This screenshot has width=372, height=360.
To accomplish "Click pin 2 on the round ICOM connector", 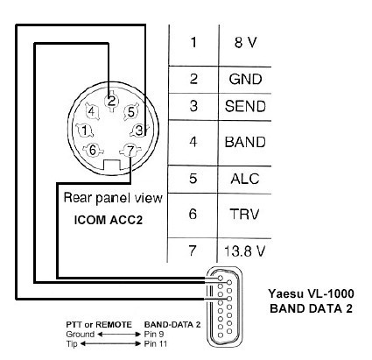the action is click(x=111, y=102).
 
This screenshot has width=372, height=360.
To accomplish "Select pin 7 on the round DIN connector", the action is click(x=130, y=151).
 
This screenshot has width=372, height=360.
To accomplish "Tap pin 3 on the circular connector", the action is click(x=140, y=131).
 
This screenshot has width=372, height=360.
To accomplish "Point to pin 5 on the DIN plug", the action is click(x=130, y=112).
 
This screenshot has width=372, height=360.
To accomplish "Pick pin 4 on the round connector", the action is click(x=92, y=111).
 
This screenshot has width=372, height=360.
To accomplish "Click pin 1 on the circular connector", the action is click(x=85, y=131).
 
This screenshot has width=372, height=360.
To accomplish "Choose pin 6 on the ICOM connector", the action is click(x=93, y=150).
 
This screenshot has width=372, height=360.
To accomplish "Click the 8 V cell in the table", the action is click(x=245, y=43).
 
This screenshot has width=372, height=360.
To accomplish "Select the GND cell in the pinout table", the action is click(x=245, y=79).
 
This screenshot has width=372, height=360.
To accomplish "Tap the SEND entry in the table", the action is click(x=245, y=106).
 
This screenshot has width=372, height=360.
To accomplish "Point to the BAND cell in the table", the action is click(x=245, y=142).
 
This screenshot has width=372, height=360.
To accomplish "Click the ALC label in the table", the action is click(x=245, y=179).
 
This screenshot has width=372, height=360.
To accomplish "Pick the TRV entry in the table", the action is click(x=244, y=214).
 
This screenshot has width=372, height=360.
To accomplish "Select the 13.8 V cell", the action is click(x=244, y=251).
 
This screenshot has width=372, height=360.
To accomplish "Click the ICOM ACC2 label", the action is click(x=109, y=220).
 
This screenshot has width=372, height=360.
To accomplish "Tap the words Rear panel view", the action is click(x=113, y=198).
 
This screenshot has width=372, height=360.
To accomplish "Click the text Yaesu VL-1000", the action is click(x=312, y=293).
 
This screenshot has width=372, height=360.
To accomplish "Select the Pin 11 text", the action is click(x=156, y=343).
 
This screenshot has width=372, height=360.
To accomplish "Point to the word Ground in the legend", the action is click(x=81, y=335).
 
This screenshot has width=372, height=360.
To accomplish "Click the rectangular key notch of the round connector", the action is click(x=111, y=165).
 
